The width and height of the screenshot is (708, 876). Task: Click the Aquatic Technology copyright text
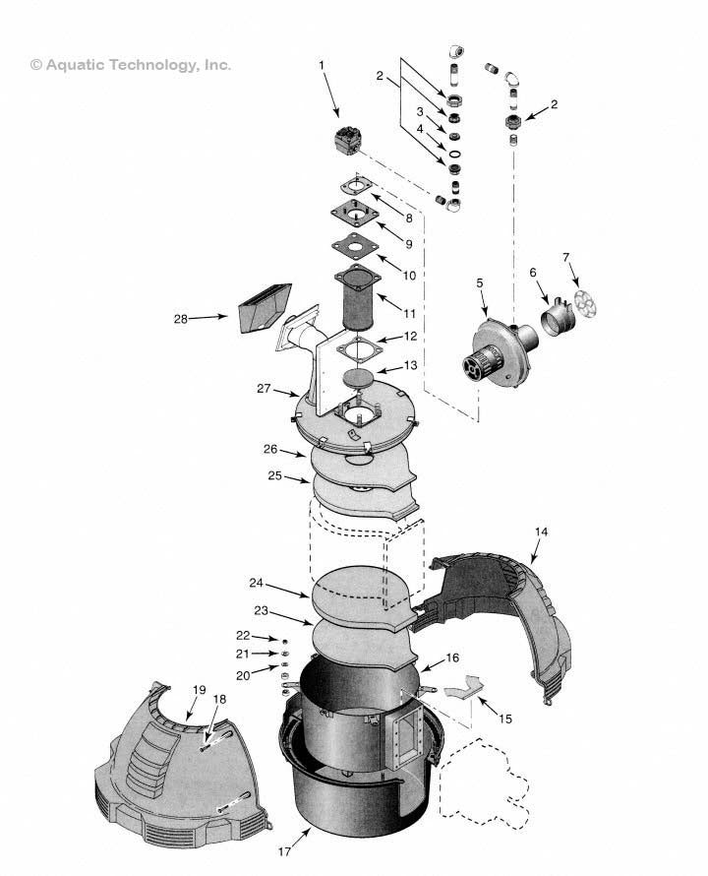point(131,65)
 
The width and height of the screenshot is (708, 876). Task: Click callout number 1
point(321,65)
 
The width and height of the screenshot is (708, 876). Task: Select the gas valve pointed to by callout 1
point(350,142)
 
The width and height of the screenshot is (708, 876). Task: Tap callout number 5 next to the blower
point(480,283)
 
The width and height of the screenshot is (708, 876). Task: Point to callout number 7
point(565,257)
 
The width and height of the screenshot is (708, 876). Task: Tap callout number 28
point(180,318)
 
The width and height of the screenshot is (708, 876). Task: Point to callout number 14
point(541,532)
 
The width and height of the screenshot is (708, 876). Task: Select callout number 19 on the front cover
point(200,690)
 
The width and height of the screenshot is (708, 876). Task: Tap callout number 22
point(243,637)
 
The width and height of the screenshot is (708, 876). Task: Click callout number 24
point(257,583)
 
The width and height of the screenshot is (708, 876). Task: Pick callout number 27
point(264,389)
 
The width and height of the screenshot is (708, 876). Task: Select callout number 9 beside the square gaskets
point(409,243)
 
